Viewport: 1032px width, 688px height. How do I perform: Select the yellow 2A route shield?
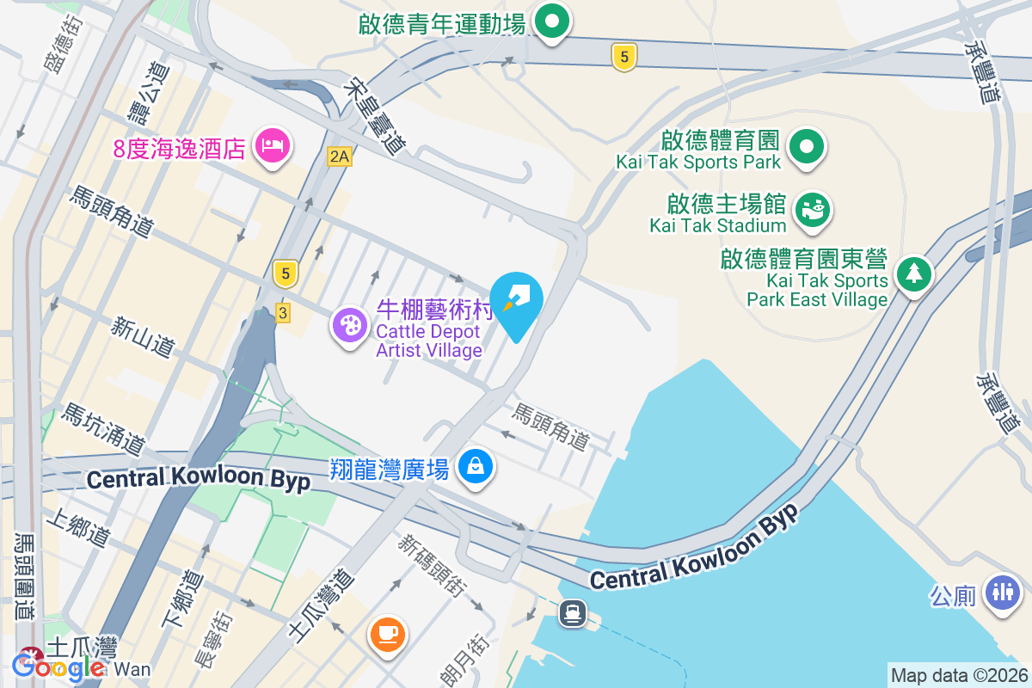tap(340, 156)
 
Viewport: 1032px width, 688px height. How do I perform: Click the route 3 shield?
tap(282, 313)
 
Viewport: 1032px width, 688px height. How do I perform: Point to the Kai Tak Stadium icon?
tap(812, 209)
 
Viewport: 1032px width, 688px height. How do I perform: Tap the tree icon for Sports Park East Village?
tap(913, 274)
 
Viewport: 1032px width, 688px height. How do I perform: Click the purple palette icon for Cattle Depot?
tap(350, 326)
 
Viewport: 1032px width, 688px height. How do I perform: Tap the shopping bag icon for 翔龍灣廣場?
tap(475, 467)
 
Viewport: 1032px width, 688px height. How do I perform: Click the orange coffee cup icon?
tap(386, 635)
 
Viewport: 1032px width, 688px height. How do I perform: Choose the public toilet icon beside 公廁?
tap(1002, 593)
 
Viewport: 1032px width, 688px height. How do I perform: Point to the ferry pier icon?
tap(572, 613)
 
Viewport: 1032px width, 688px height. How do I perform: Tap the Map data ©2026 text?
tap(958, 675)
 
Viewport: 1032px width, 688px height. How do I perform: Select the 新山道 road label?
tap(143, 336)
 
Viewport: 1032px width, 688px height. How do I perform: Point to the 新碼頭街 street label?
tap(432, 564)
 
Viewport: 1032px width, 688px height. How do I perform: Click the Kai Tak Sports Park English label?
tap(698, 162)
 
